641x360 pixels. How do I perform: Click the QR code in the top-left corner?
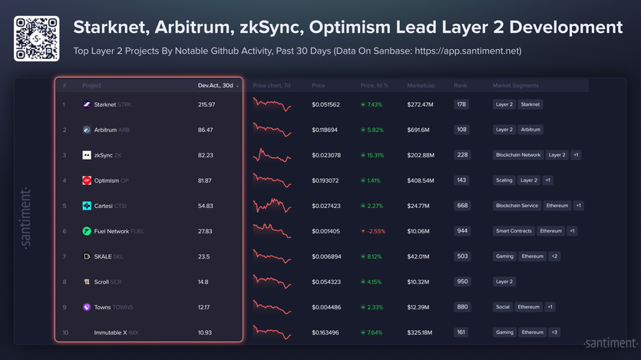pos(37,38)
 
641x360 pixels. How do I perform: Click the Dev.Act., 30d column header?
pos(215,85)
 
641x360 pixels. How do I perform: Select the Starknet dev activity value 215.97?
pos(207,104)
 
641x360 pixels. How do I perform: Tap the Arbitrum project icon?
pos(87,130)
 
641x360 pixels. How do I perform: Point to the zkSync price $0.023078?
pos(326,155)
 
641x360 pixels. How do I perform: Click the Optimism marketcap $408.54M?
pos(421,180)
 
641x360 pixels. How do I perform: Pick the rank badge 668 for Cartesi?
pos(461,206)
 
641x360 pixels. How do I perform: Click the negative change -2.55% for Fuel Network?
pos(375,231)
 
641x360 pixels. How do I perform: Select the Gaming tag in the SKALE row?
pos(504,256)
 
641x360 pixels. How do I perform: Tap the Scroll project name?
pos(101,282)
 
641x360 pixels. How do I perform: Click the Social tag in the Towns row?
pos(503,307)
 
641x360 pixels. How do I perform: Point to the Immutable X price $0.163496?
pos(326,332)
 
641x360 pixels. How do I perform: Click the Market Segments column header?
pos(515,85)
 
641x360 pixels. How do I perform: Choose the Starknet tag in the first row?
pos(530,104)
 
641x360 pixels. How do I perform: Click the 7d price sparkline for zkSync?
pos(273,155)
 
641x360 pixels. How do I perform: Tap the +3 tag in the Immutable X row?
pos(554,332)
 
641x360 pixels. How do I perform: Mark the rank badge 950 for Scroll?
pos(461,282)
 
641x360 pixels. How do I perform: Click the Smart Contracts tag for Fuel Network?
pos(513,231)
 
